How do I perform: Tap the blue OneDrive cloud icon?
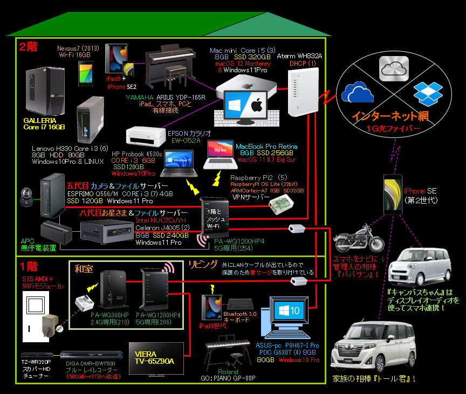[x=358, y=92]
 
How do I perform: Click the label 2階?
[x=29, y=47]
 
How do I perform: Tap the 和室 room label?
[x=84, y=267]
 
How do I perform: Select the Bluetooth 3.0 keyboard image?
[x=242, y=305]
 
